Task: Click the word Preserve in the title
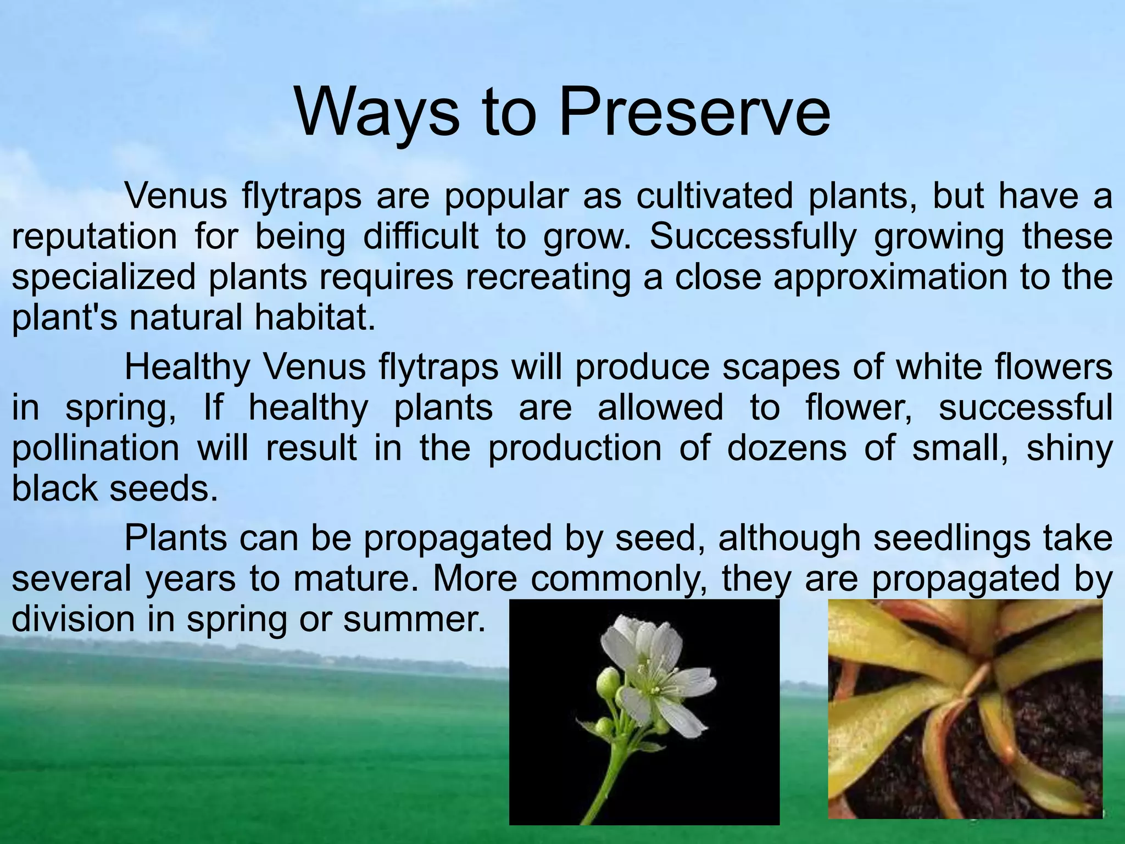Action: pyautogui.click(x=694, y=113)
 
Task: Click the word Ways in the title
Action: pyautogui.click(x=377, y=113)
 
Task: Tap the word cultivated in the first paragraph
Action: pyautogui.click(x=715, y=196)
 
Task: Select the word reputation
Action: pyautogui.click(x=94, y=237)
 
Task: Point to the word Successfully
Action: pyautogui.click(x=753, y=237)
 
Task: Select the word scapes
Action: pyautogui.click(x=781, y=367)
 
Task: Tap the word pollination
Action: pyautogui.click(x=96, y=448)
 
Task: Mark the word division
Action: pyautogui.click(x=73, y=619)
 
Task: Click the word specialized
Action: pyautogui.click(x=103, y=277)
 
